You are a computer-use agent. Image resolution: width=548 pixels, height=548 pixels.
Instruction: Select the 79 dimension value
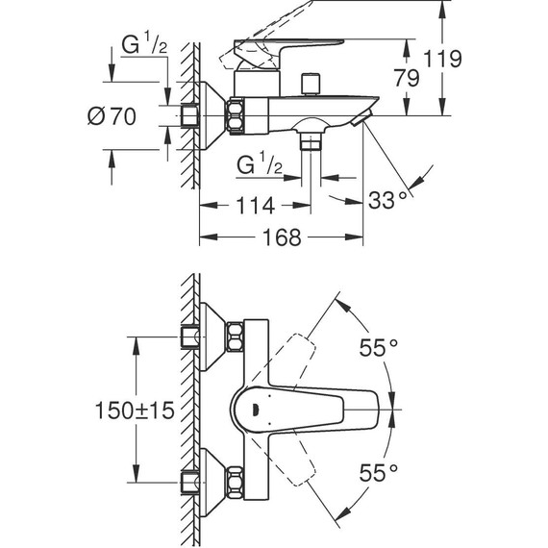pyautogui.click(x=407, y=78)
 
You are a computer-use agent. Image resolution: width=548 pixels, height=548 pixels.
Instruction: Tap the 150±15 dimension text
pyautogui.click(x=134, y=411)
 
